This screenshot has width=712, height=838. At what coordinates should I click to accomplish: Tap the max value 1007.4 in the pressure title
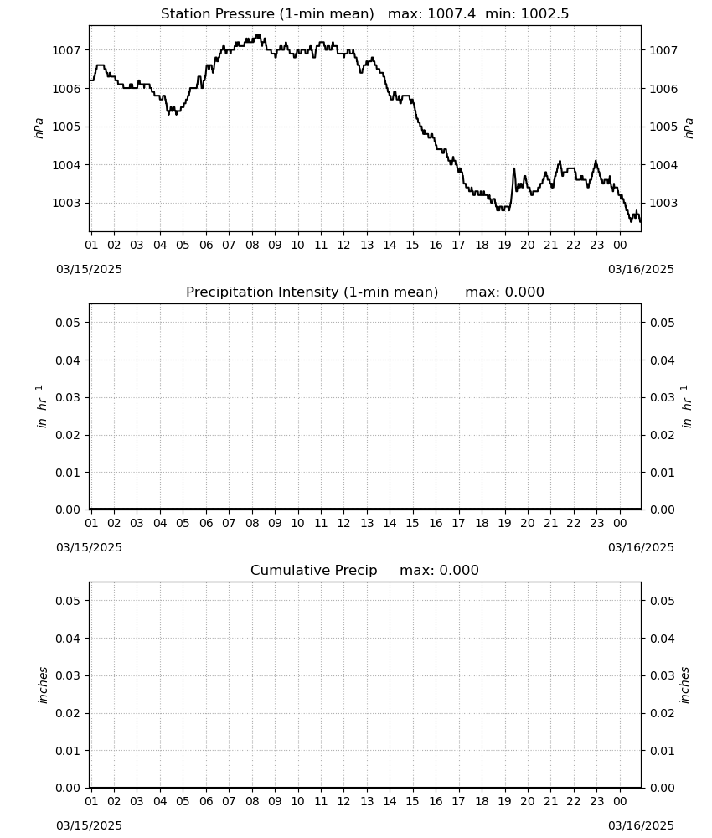pyautogui.click(x=451, y=13)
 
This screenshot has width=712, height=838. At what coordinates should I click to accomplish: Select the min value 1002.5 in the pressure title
pyautogui.click(x=544, y=13)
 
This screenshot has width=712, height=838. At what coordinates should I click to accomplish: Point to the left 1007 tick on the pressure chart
pyautogui.click(x=65, y=51)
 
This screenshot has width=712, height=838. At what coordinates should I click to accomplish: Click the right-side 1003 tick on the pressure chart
pyautogui.click(x=663, y=203)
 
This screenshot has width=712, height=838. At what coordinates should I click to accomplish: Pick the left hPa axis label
pyautogui.click(x=39, y=128)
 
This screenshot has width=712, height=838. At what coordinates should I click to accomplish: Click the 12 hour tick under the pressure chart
pyautogui.click(x=343, y=245)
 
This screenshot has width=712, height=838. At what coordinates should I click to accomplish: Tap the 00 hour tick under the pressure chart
pyautogui.click(x=620, y=245)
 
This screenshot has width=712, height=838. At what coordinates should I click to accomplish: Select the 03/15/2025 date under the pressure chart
pyautogui.click(x=89, y=269)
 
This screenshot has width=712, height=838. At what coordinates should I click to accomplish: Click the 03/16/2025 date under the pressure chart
pyautogui.click(x=641, y=269)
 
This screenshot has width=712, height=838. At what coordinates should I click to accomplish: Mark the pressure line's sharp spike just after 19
pyautogui.click(x=513, y=169)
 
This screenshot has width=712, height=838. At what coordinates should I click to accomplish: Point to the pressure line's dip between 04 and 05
pyautogui.click(x=170, y=113)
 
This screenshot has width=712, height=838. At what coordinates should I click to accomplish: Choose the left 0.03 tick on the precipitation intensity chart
pyautogui.click(x=67, y=397)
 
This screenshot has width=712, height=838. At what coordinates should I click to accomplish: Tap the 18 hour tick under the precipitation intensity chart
pyautogui.click(x=482, y=523)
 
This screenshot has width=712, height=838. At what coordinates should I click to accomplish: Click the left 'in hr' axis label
pyautogui.click(x=41, y=406)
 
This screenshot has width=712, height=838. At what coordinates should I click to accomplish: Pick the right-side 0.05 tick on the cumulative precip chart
pyautogui.click(x=663, y=601)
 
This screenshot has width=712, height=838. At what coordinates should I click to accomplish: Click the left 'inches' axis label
pyautogui.click(x=42, y=685)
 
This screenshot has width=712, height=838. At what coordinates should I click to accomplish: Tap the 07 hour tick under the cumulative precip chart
pyautogui.click(x=229, y=801)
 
